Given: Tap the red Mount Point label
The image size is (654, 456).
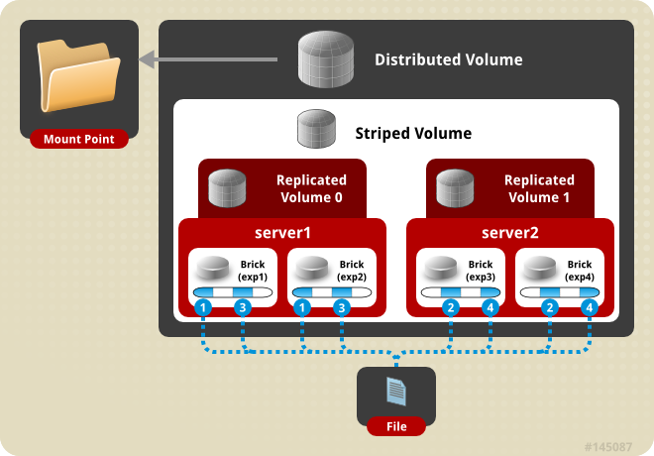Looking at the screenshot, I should (x=79, y=139).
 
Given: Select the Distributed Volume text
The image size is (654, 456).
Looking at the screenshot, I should (x=448, y=59).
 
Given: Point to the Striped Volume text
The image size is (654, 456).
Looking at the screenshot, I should (x=413, y=133).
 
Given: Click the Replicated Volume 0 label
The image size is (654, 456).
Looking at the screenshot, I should (x=311, y=188).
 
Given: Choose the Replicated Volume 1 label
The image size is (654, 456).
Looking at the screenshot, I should (x=539, y=188).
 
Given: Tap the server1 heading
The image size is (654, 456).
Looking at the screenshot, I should (x=282, y=233).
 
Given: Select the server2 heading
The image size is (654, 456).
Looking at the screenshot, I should (x=510, y=233).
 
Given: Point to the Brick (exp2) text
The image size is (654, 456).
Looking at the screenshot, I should (x=352, y=271).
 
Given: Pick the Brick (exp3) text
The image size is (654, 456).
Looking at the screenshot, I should (x=481, y=271).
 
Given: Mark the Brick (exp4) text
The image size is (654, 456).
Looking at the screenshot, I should (x=580, y=271).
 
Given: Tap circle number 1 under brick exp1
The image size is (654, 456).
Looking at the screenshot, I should (x=203, y=308).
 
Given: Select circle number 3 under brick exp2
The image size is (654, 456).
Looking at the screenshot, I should (x=342, y=308).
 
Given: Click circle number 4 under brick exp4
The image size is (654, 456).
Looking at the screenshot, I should (x=590, y=308).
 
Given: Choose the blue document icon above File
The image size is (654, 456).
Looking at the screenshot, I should (x=396, y=391).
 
